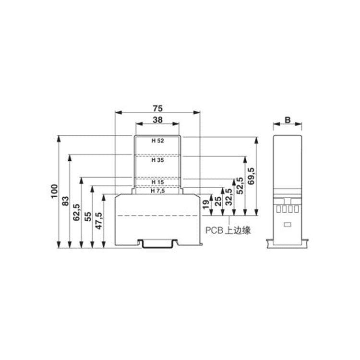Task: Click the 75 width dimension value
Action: (158, 108)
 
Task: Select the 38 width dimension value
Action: (158, 120)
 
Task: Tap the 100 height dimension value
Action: (54, 191)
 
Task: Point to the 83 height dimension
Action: (65, 201)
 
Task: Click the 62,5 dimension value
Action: (76, 212)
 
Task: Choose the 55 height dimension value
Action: (88, 216)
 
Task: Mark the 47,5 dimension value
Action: (99, 221)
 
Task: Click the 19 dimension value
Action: (206, 204)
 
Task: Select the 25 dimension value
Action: (218, 201)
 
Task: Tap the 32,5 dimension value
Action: (229, 197)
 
